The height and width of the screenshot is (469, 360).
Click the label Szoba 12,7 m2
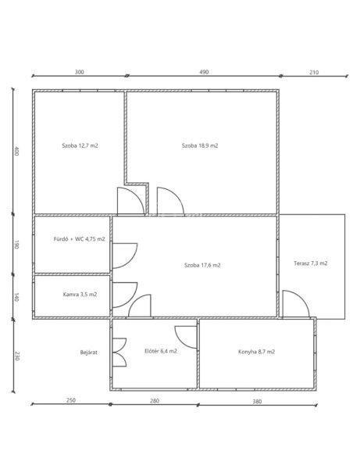pos(80,146)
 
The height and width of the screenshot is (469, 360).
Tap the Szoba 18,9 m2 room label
pos(200,146)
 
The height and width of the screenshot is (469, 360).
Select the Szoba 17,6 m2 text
pos(202,265)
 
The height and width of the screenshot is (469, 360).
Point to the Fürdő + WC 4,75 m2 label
pos(79,239)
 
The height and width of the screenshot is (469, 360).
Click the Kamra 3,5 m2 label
pos(80,295)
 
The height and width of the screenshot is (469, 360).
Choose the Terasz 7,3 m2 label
pos(310,263)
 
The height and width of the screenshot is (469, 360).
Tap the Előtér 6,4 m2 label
pos(161,351)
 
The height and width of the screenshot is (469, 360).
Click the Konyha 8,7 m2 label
pos(257,352)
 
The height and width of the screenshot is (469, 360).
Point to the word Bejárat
pos(89,353)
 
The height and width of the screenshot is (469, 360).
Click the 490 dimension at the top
pos(204,72)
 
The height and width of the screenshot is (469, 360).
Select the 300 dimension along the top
pos(79,72)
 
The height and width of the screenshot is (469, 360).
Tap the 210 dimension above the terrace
pos(314,73)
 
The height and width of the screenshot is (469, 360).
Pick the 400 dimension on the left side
pos(16,151)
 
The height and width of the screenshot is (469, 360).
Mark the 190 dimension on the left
pos(16,245)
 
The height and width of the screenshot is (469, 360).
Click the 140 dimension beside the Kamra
pos(16,297)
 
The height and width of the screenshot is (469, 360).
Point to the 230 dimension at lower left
pos(17,356)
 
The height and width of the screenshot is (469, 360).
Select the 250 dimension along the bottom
pos(71,400)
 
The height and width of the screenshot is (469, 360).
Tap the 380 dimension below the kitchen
pos(257,402)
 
